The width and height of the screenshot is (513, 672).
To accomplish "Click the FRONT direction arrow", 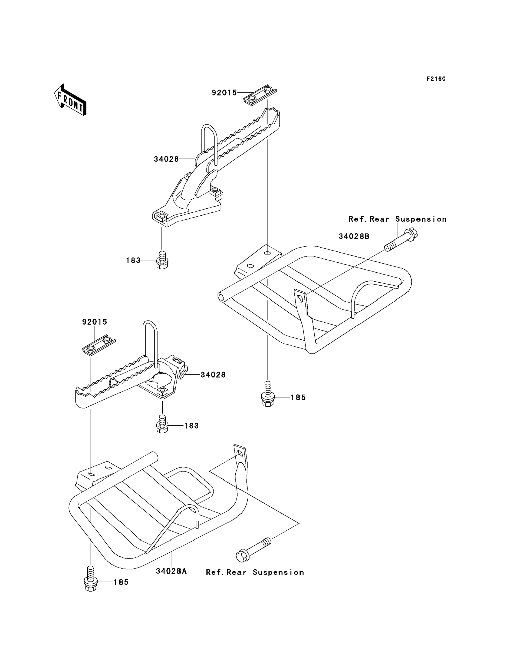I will (70, 100).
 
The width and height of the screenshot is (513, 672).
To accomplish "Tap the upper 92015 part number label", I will (224, 93).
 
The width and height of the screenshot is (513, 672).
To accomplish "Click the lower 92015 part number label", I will (95, 322).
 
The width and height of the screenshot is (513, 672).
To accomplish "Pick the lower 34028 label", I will (213, 374).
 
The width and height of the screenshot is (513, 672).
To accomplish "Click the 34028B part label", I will (354, 236).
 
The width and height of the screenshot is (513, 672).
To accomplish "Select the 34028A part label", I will (171, 571).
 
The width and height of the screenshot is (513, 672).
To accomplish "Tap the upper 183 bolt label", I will (133, 260).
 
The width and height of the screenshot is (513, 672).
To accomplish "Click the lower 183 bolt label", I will (191, 426).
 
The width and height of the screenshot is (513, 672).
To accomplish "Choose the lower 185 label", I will (121, 582).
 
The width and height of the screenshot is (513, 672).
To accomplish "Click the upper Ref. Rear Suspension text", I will (398, 219).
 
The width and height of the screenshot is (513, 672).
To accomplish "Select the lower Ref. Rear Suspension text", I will (255, 572).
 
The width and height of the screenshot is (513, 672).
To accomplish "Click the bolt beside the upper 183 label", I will (162, 260).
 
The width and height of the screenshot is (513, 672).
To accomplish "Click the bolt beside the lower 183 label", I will (162, 424).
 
